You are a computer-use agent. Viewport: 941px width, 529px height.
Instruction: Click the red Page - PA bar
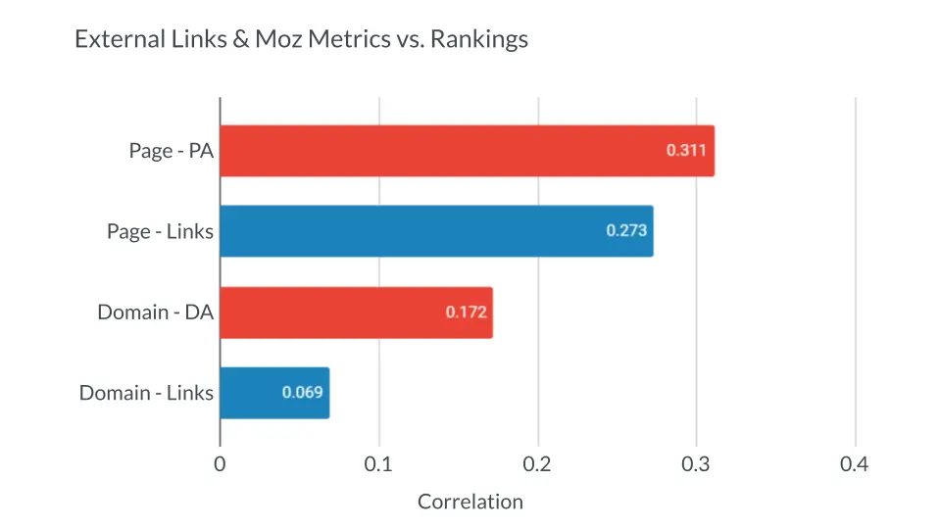(x=441, y=151)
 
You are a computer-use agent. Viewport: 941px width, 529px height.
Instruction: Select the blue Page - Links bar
(x=412, y=231)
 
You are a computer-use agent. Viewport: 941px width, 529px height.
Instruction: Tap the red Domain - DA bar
(x=333, y=313)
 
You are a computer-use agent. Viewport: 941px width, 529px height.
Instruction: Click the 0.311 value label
(x=685, y=151)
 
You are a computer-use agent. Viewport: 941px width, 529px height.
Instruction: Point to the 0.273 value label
(x=624, y=231)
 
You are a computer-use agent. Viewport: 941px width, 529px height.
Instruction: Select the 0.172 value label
(x=465, y=313)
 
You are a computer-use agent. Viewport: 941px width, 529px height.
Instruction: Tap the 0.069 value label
(x=302, y=393)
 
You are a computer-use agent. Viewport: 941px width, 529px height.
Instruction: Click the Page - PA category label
(x=171, y=151)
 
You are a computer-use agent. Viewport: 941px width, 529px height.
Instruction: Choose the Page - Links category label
(x=160, y=231)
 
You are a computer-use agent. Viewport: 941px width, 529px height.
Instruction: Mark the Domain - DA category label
(x=155, y=313)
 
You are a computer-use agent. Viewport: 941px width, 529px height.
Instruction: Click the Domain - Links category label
(x=146, y=393)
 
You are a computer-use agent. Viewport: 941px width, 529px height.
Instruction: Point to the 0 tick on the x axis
(x=220, y=464)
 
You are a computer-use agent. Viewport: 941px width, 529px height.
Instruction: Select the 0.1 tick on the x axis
(x=378, y=464)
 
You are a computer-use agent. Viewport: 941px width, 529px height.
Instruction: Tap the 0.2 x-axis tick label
(x=537, y=464)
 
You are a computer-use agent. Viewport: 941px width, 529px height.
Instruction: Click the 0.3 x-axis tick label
(x=696, y=464)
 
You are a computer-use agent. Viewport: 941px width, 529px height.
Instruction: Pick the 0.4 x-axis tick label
(x=855, y=464)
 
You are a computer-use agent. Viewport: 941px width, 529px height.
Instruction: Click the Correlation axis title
(x=470, y=502)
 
